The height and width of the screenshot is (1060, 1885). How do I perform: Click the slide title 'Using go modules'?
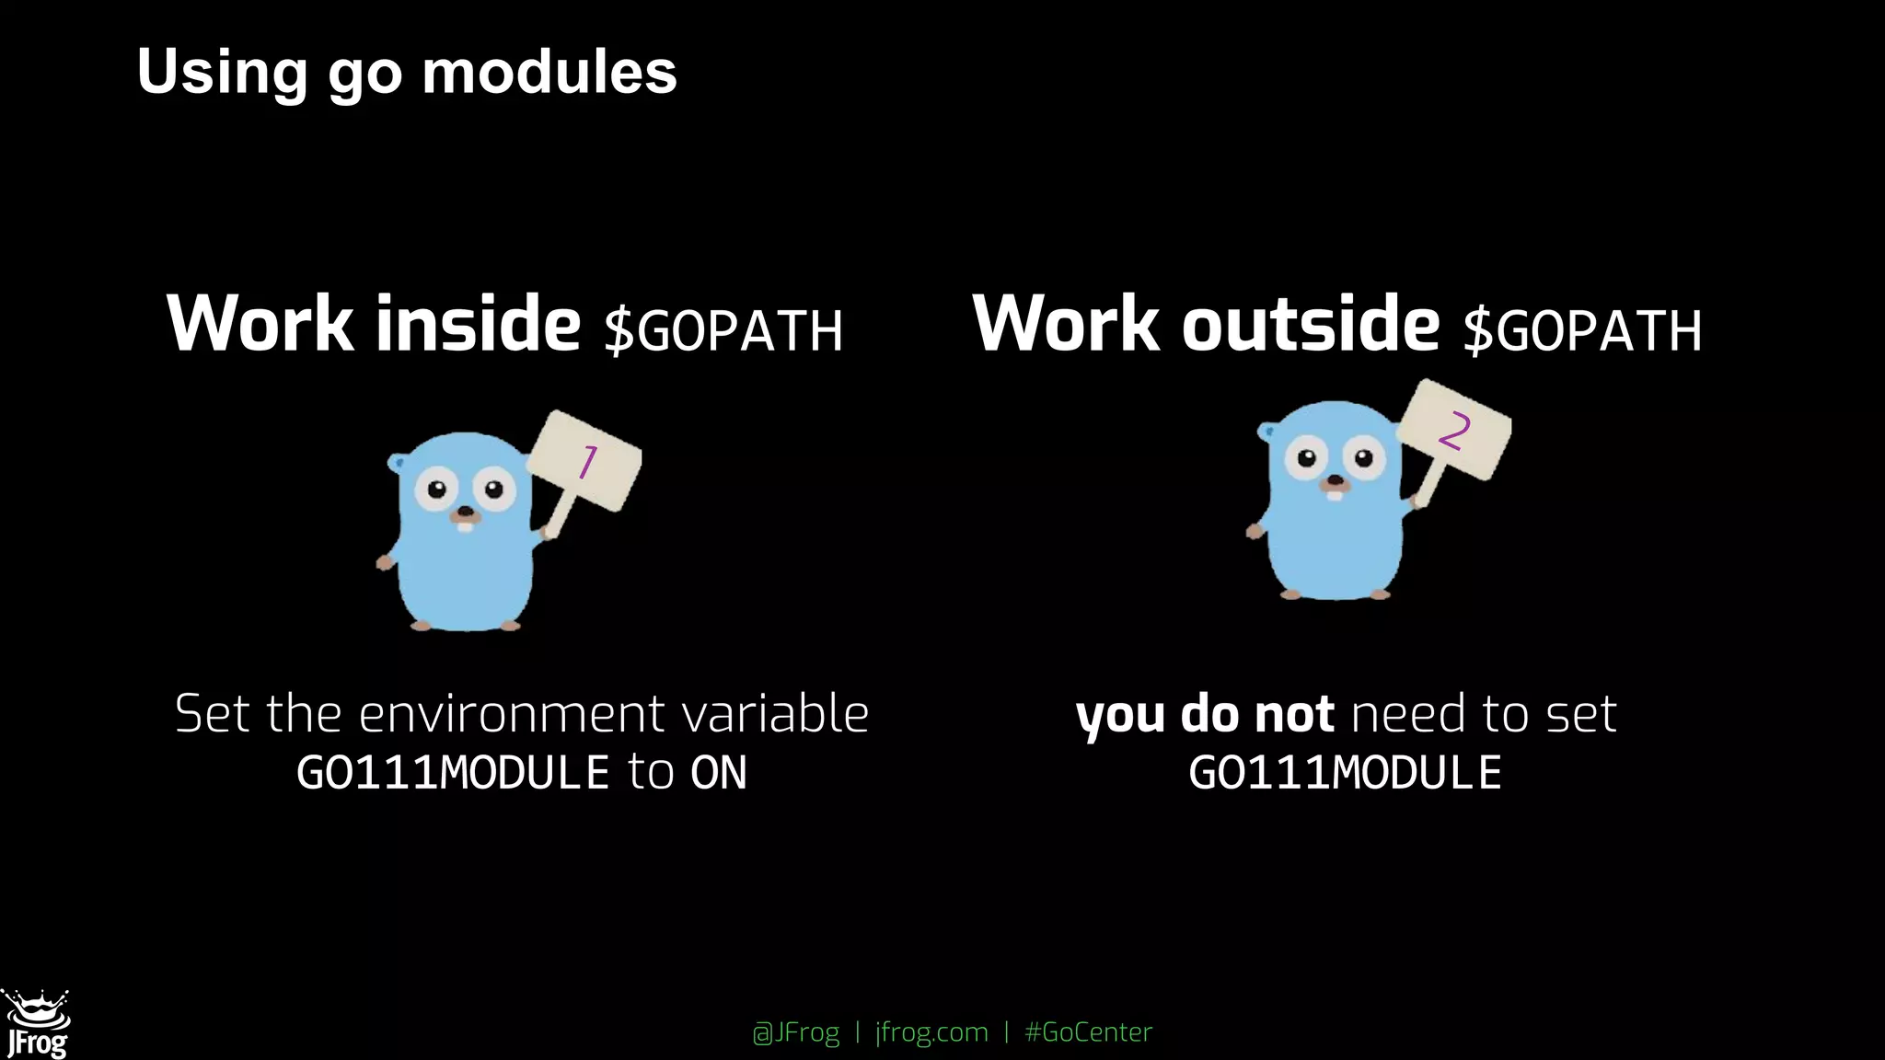(406, 72)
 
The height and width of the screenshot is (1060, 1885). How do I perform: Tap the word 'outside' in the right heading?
(1310, 324)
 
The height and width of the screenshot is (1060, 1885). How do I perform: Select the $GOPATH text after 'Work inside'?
(723, 331)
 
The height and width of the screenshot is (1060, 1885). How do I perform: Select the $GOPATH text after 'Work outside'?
(1582, 331)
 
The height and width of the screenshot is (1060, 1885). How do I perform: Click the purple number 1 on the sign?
(587, 462)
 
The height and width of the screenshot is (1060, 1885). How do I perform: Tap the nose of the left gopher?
(466, 513)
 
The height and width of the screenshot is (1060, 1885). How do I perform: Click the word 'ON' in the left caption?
(719, 772)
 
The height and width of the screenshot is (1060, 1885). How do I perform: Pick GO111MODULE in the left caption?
(453, 772)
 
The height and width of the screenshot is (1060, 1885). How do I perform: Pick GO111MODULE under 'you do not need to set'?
(1345, 772)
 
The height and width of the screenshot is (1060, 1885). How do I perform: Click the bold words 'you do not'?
(1204, 714)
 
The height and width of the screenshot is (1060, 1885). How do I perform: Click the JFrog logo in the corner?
(37, 1024)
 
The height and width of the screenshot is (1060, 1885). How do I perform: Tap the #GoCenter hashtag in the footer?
(1088, 1032)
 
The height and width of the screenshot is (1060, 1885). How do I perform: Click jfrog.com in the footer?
(931, 1032)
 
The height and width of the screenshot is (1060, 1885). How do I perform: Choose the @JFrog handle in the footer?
(796, 1032)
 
